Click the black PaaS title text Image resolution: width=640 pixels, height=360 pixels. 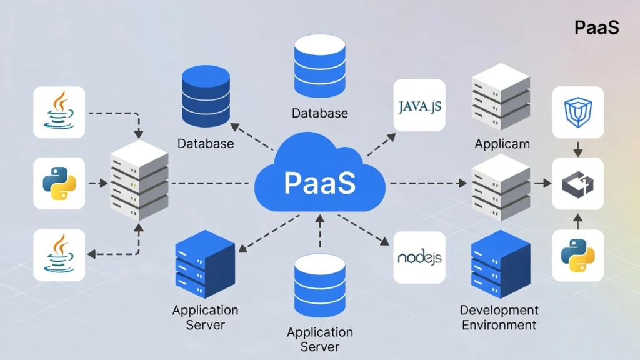click(596, 28)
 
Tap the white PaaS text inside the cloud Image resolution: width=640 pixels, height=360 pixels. click(319, 183)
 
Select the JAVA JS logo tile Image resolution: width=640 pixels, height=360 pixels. click(419, 106)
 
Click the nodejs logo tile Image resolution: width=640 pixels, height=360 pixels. click(419, 257)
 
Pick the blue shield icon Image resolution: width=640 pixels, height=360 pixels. click(577, 111)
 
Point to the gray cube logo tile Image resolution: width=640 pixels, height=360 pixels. click(577, 183)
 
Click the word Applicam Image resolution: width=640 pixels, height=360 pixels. click(502, 144)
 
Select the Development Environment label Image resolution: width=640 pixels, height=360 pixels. click(499, 317)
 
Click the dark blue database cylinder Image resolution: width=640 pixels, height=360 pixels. click(205, 97)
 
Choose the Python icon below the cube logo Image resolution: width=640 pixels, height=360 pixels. click(577, 255)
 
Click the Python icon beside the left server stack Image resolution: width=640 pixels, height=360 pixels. click(59, 183)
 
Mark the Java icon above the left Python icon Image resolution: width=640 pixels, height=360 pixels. click(59, 111)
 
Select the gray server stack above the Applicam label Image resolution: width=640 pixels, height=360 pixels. click(500, 96)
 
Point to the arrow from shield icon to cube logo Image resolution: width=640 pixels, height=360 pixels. click(577, 147)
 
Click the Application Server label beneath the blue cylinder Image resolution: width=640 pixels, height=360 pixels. click(319, 339)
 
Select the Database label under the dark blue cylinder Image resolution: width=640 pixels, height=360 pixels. click(206, 144)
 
